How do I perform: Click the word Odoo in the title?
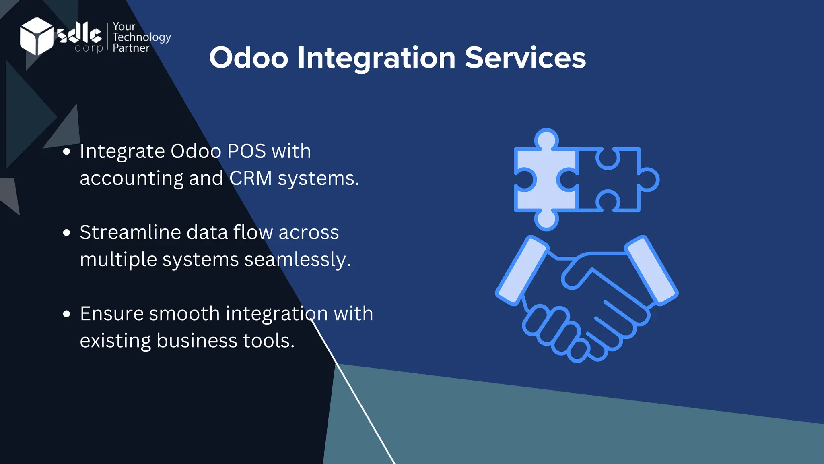coord(248,58)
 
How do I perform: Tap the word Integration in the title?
coord(376,58)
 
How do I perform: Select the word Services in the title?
coord(525,58)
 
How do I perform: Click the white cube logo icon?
coord(36,36)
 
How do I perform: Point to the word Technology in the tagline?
coord(142,37)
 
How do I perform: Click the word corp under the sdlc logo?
coord(89,48)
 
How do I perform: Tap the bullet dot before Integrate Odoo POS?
coord(67,152)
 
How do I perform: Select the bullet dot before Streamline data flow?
coord(67,233)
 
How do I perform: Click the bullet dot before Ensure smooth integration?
coord(67,314)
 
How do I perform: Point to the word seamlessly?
coord(297,259)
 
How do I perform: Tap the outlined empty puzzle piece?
coord(616,179)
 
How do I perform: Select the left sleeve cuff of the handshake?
coord(522,270)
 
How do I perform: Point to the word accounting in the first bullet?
coord(131,178)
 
